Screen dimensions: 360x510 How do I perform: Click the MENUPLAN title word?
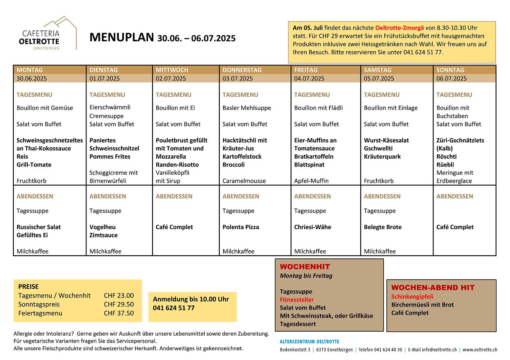[x=121, y=37]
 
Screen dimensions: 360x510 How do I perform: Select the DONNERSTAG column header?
[x=242, y=70]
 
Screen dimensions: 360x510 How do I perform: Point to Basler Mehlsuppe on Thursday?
[x=247, y=108]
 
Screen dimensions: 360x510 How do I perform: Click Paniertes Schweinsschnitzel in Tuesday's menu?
[x=114, y=144]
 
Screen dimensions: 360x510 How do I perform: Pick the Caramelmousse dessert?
[x=244, y=181]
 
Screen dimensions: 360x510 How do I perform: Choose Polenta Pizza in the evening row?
[x=241, y=227]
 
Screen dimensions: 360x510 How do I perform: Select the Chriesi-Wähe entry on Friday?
[x=312, y=227]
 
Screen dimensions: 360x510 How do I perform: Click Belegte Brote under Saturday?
[x=382, y=227]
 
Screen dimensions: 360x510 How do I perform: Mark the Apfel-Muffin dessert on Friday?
[x=311, y=181]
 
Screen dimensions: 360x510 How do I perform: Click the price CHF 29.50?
[x=119, y=304]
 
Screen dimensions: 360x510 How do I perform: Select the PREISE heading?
[x=28, y=286]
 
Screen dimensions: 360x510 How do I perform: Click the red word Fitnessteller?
[x=297, y=300]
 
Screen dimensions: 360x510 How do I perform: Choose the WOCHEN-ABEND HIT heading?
[x=433, y=287]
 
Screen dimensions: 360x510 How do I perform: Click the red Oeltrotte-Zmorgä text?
[x=399, y=28]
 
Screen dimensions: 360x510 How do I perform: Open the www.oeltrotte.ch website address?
[x=480, y=350]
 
